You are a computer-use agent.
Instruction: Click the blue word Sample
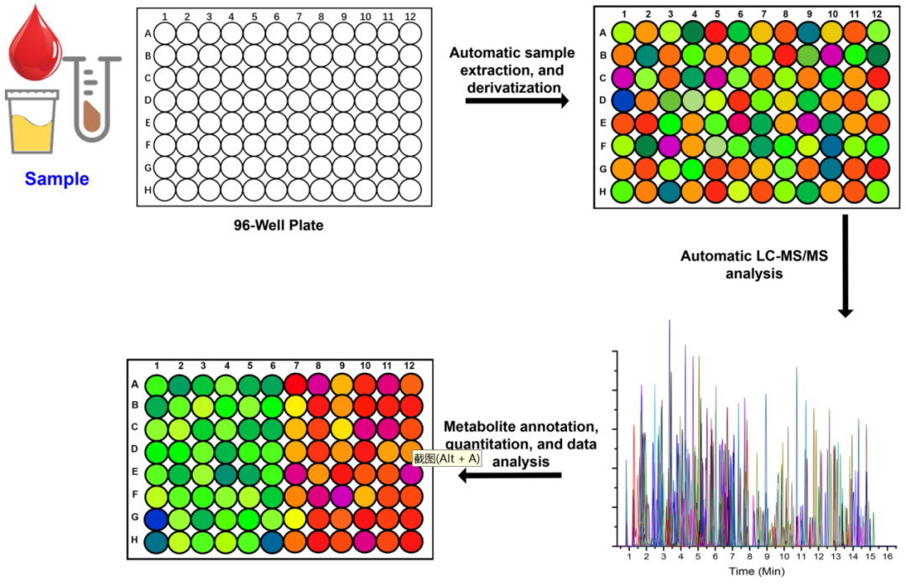(x=56, y=179)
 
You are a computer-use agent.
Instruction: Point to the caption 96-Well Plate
(x=277, y=226)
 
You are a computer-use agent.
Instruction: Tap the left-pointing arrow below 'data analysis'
(x=510, y=476)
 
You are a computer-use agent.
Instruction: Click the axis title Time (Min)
(x=755, y=572)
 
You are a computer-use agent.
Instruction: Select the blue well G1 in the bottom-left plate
(x=156, y=519)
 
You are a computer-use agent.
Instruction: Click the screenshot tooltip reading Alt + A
(x=446, y=459)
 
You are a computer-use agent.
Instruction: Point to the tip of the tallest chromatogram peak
(x=669, y=320)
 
